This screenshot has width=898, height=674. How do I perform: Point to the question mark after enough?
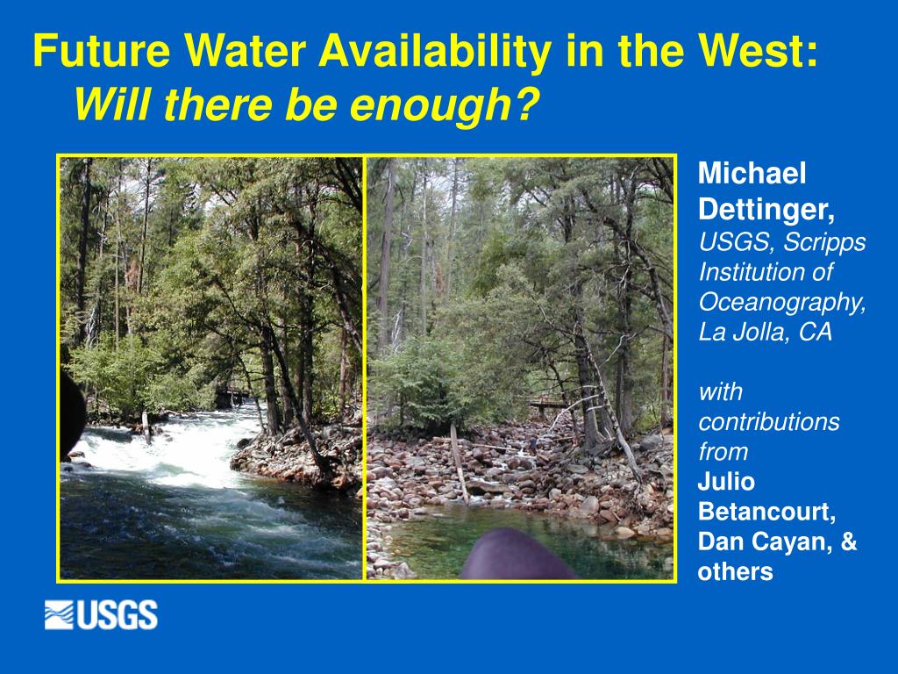[x=526, y=104]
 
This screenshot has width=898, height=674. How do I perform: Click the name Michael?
[x=752, y=173]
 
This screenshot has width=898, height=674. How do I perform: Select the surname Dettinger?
[x=766, y=209]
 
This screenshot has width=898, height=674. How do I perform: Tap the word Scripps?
[x=824, y=242]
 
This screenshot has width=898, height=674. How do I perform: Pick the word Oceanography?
[x=782, y=303]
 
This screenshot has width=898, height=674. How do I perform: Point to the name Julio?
[x=725, y=482]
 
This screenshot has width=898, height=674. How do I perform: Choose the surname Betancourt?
[x=766, y=512]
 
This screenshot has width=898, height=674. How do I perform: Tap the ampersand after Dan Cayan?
[x=849, y=541]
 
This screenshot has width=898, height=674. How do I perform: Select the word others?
[x=736, y=571]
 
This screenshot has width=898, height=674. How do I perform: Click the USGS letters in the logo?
[x=117, y=615]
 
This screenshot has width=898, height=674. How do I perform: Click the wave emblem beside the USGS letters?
[x=59, y=615]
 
